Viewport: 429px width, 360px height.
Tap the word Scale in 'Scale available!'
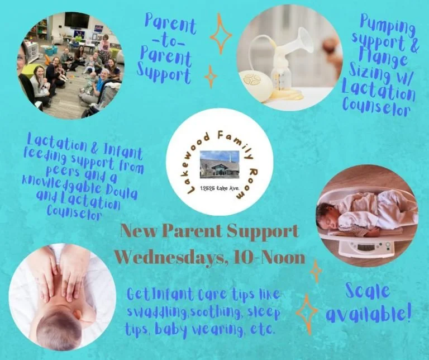tap(367, 291)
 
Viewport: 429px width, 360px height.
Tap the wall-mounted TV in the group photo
tap(77, 20)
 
